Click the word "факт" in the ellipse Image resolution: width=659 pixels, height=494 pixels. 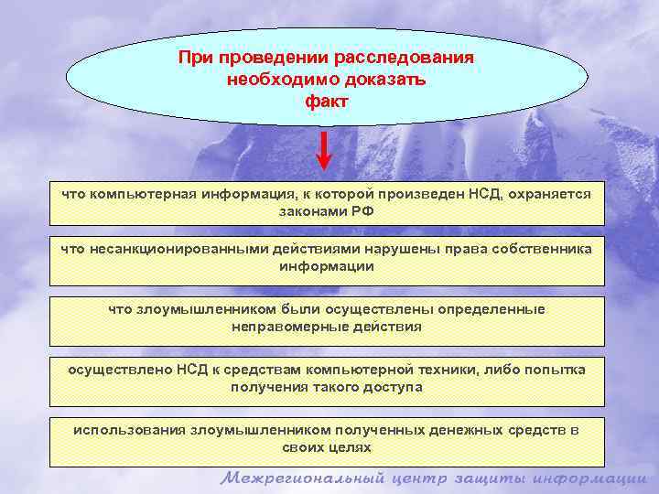pos(327,101)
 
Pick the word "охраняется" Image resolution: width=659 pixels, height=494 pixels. pos(551,194)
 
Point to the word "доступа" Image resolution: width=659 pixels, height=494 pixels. pos(394,386)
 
